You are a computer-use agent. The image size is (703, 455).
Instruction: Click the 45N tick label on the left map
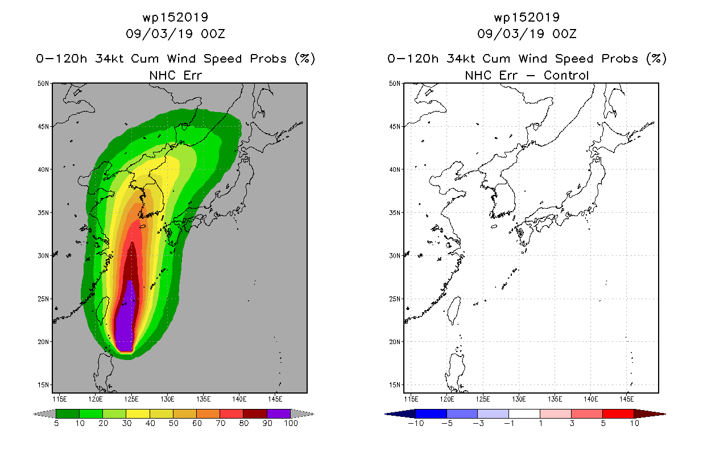point(43,127)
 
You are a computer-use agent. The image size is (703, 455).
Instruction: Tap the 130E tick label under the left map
point(167,399)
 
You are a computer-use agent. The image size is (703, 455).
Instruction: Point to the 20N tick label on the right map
point(395,342)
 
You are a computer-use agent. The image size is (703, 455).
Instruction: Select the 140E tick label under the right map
point(590,399)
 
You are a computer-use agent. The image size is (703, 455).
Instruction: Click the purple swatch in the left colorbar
point(279,413)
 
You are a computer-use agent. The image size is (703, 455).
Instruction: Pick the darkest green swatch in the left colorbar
point(68,413)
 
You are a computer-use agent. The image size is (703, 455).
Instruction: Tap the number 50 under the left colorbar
point(173,423)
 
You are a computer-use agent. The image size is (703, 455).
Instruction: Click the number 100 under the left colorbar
point(291,423)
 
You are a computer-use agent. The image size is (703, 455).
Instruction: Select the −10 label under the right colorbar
point(416,423)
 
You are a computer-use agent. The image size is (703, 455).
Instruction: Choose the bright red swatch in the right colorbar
point(618,413)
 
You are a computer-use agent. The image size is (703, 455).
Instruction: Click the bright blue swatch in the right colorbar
point(431,413)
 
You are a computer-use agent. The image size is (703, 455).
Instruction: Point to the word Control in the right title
point(566,75)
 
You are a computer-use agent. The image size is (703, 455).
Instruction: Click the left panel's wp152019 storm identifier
point(175,17)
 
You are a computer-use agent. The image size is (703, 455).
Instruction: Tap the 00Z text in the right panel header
point(564,34)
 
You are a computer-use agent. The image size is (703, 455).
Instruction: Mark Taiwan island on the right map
point(454,311)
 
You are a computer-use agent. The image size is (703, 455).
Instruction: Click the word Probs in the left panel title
point(268,59)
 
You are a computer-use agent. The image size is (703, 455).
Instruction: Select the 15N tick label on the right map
point(395,384)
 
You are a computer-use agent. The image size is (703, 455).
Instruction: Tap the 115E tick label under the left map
point(60,399)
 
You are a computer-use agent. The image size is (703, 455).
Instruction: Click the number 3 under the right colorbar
point(572,423)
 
